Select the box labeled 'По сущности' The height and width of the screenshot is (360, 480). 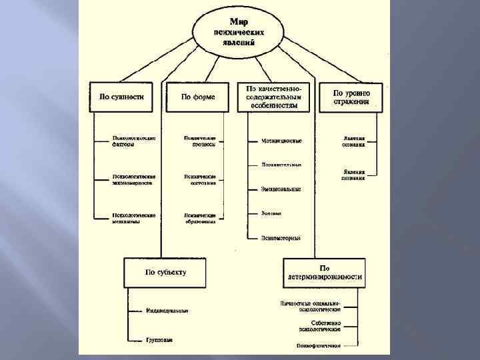121,97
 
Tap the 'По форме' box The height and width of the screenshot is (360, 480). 197,97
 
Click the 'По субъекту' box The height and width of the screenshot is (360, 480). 166,272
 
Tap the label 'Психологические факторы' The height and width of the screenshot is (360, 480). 134,141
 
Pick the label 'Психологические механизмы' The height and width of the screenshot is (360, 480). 134,219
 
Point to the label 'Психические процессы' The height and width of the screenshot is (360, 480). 200,141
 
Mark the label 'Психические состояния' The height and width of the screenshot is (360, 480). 200,180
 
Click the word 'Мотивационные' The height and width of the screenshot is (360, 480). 281,141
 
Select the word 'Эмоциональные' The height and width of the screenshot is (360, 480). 281,189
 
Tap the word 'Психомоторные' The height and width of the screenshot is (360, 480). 281,237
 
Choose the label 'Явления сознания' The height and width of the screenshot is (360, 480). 354,141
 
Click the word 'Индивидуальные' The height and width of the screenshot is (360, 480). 167,311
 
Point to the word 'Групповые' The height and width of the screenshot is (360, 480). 159,339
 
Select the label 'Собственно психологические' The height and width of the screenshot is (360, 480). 319,326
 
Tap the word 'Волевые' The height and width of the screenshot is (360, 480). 272,213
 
